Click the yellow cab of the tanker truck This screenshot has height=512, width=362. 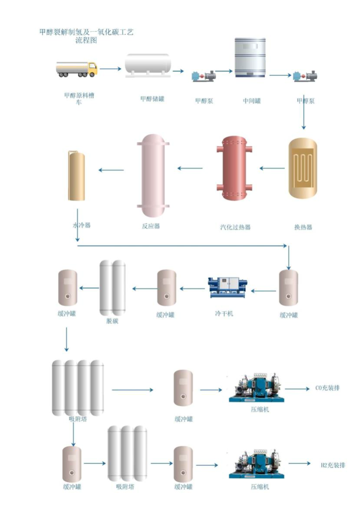click(92, 68)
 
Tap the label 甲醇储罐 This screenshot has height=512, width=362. click(152, 99)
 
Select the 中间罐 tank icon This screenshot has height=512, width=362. click(250, 57)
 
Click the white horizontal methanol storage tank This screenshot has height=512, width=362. click(148, 65)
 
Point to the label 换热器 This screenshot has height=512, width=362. click(303, 228)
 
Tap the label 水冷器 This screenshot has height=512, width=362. click(82, 225)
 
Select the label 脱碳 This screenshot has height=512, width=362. click(113, 322)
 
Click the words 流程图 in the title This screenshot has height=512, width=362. click(86, 41)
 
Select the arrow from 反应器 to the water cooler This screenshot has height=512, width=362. click(111, 169)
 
